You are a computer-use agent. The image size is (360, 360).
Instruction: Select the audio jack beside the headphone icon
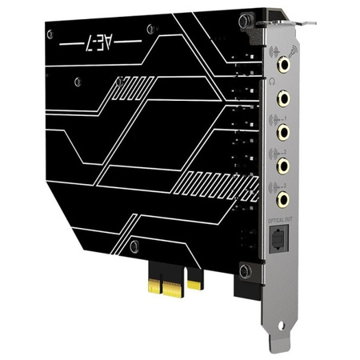pyautogui.click(x=283, y=98)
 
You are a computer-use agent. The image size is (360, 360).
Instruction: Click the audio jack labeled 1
pyautogui.click(x=283, y=130)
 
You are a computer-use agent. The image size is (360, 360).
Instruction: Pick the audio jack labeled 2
pyautogui.click(x=283, y=164)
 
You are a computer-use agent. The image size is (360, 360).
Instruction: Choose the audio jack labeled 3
pyautogui.click(x=283, y=197)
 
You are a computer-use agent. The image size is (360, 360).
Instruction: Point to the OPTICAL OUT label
pyautogui.click(x=281, y=218)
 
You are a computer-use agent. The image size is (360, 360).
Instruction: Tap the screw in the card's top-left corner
pyautogui.click(x=50, y=34)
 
